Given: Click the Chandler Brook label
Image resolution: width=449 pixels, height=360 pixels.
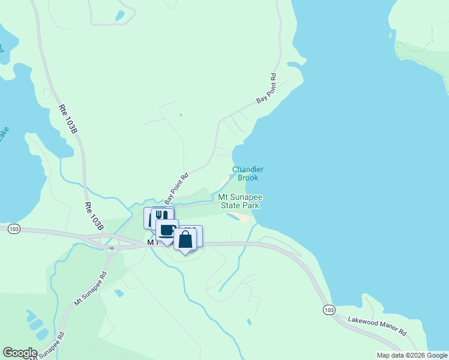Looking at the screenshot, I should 248,173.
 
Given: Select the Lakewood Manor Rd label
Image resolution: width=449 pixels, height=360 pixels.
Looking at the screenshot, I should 377,327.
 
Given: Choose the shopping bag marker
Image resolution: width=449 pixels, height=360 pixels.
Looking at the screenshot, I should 185,239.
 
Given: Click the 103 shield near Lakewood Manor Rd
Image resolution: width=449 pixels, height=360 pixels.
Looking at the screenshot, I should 328,310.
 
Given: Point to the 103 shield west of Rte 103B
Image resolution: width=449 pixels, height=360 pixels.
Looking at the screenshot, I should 14,229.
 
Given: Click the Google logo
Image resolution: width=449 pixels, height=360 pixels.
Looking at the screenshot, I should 20,353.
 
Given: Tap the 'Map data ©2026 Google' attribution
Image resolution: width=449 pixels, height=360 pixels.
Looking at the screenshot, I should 412,355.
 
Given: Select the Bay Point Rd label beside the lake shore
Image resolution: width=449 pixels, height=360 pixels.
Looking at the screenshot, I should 266,88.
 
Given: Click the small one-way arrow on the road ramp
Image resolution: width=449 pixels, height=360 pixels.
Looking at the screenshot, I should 110,247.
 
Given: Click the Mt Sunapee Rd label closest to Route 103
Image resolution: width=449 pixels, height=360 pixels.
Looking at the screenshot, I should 91,289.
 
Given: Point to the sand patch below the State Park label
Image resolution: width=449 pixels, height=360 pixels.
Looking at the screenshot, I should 239,216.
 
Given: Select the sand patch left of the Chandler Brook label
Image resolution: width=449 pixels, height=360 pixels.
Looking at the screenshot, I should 224,181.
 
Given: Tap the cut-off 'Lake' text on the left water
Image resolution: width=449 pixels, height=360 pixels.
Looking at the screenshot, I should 4,133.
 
